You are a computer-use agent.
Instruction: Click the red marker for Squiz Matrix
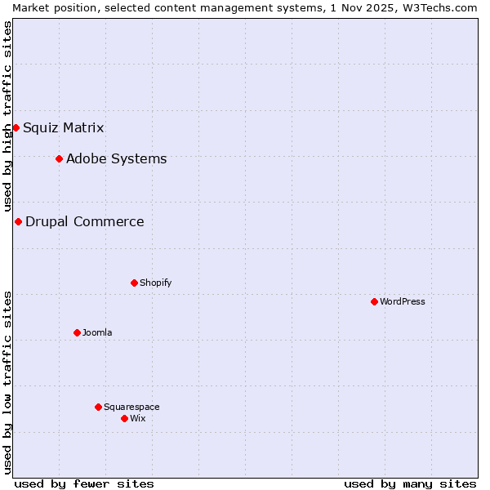[x=16, y=127]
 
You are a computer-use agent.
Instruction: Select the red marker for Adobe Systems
[x=59, y=158]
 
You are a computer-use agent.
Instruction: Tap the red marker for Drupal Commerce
[x=18, y=221]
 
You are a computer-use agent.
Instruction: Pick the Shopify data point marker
[x=134, y=283]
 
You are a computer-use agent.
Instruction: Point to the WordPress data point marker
[x=374, y=301]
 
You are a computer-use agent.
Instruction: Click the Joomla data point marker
[x=77, y=332]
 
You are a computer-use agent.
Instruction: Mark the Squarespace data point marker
[x=98, y=407]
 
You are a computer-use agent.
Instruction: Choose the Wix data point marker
[x=124, y=418]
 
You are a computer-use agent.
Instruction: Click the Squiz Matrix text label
[x=64, y=127]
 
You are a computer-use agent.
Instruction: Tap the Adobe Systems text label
[x=116, y=158]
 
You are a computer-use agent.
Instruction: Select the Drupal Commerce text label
[x=85, y=221]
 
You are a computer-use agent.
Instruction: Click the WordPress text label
[x=403, y=301]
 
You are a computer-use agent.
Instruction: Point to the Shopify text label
[x=155, y=283]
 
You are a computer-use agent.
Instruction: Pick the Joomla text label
[x=97, y=332]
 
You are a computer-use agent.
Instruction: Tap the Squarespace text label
[x=131, y=407]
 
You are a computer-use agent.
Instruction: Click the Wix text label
[x=137, y=418]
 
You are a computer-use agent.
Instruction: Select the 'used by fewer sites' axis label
[x=84, y=483]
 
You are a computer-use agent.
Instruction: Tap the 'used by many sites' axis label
[x=410, y=483]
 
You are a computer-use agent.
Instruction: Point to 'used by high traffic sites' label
[x=7, y=117]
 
